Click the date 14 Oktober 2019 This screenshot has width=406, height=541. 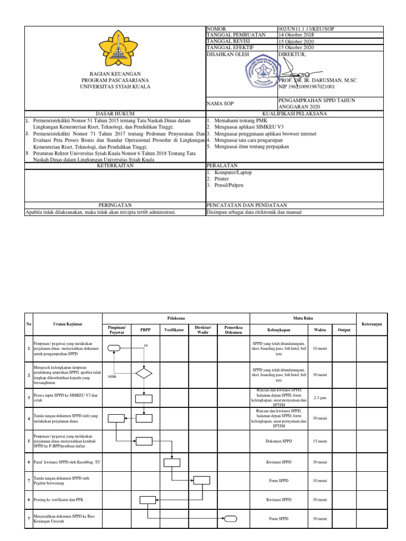click(296, 35)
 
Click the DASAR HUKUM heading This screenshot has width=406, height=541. click(115, 114)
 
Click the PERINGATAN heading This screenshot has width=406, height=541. click(115, 204)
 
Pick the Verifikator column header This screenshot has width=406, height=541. click(174, 329)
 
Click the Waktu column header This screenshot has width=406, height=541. click(320, 329)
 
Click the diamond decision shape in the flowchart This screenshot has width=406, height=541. click(143, 374)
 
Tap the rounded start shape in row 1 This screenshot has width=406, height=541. click(115, 348)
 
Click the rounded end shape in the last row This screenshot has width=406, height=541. click(231, 519)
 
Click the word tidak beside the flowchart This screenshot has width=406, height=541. click(112, 377)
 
